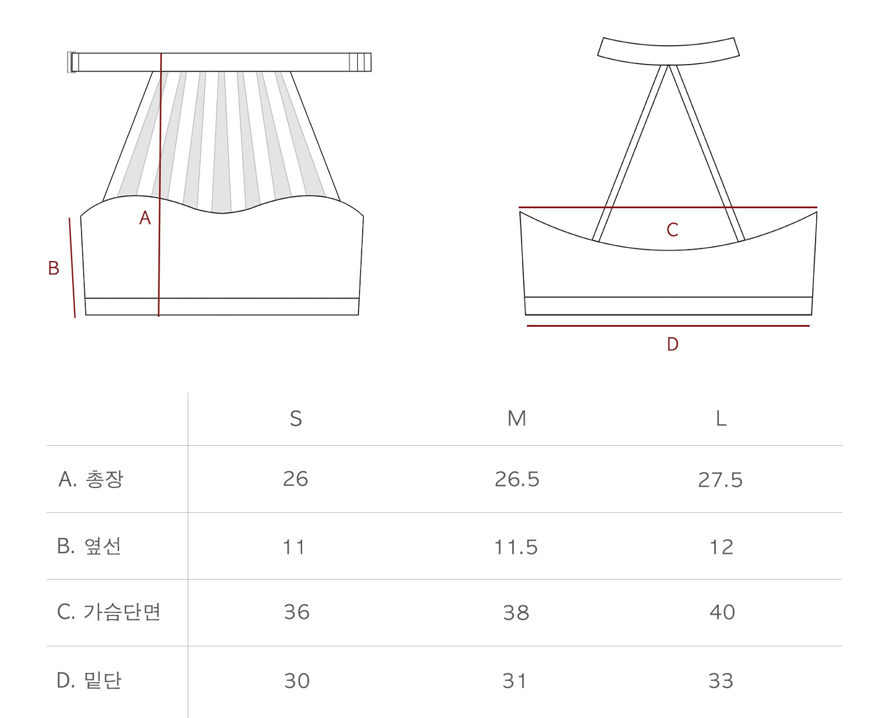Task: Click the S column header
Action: [x=296, y=419]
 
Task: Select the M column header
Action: [x=517, y=419]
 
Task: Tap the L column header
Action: [x=721, y=419]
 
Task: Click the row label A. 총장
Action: [x=91, y=479]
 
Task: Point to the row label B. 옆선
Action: [x=89, y=546]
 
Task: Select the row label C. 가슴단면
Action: [x=109, y=612]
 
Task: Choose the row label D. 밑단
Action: [x=89, y=680]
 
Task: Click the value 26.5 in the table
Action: [x=517, y=479]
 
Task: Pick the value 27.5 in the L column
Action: [x=721, y=480]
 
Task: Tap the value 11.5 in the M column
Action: [x=516, y=547]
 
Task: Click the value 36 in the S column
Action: [x=296, y=612]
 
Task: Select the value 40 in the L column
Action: [x=722, y=612]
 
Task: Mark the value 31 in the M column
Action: [x=515, y=681]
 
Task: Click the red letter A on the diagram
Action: [x=145, y=218]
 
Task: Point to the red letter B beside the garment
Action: [x=53, y=268]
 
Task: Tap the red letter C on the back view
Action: [x=672, y=229]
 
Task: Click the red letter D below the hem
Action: [x=672, y=344]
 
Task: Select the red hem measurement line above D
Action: [x=668, y=326]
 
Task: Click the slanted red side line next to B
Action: [x=72, y=267]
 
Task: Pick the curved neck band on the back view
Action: [x=668, y=52]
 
